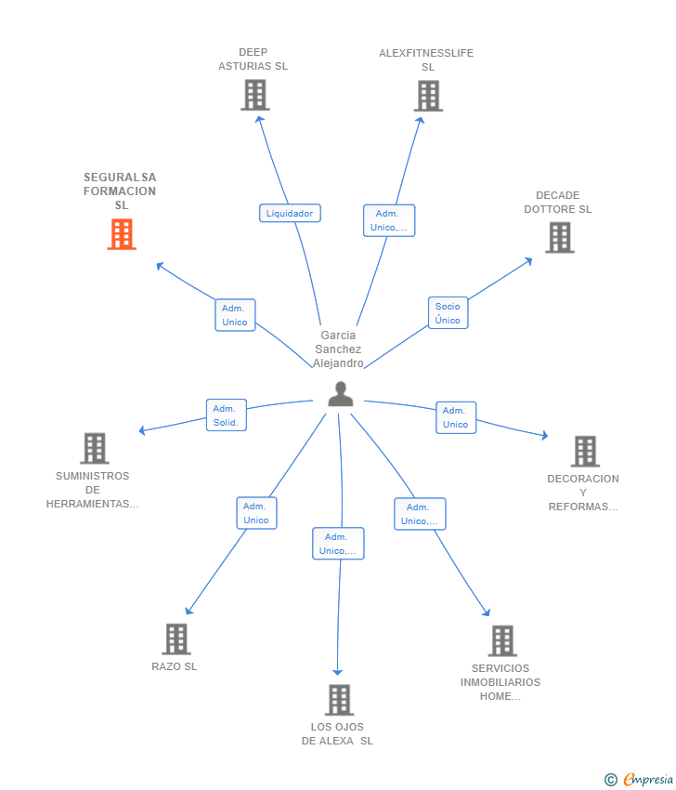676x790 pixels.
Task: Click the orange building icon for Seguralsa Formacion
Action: coord(122,234)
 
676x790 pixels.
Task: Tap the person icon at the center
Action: coord(340,394)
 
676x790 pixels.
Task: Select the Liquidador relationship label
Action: coord(290,213)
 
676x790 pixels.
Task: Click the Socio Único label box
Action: coord(448,313)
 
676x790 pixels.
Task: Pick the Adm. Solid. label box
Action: coord(226,415)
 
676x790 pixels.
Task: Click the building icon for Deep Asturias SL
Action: coord(255,95)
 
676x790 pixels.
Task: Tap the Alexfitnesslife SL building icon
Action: coord(428,97)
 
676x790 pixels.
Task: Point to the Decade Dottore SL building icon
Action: coord(560,238)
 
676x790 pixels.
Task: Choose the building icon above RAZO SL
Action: coord(176,639)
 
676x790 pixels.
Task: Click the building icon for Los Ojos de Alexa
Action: coord(339,700)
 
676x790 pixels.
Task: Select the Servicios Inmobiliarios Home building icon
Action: coord(502,641)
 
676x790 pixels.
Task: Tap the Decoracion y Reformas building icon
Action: coord(585,452)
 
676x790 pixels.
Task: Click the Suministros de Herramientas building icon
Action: coord(95,448)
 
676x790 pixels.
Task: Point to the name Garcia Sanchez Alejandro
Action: coord(338,349)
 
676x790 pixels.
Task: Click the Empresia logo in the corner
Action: coord(639,779)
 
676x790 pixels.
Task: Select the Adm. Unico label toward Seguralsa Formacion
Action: coord(235,315)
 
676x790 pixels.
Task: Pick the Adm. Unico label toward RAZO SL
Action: coord(256,513)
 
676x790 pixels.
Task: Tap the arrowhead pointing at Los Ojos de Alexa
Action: coord(338,672)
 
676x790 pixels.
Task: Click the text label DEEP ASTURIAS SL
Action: coord(253,59)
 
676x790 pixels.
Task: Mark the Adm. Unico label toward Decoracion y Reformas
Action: coord(456,417)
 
